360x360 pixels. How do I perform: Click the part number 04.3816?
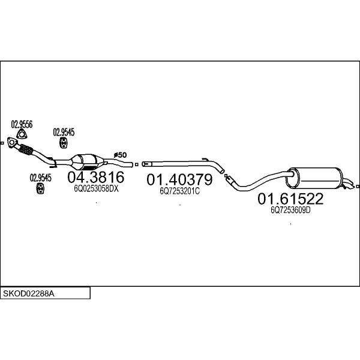click(96, 177)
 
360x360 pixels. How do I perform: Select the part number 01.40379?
click(179, 179)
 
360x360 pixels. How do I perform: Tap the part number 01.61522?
click(290, 199)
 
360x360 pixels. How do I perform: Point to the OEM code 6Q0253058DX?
click(96, 189)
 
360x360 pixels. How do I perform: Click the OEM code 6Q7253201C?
click(180, 191)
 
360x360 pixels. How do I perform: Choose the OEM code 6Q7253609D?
click(290, 210)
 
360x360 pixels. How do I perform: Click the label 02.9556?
click(22, 124)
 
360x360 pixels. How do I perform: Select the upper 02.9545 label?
click(64, 132)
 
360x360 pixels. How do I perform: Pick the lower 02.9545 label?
click(41, 178)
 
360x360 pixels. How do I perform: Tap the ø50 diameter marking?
click(121, 155)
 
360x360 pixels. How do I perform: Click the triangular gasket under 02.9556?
click(22, 134)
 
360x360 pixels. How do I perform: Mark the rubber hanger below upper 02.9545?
click(64, 143)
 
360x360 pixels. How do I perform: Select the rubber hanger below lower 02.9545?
click(40, 188)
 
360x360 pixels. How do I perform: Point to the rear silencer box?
click(314, 178)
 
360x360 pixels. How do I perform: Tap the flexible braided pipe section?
click(25, 149)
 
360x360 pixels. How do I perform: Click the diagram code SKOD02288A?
click(29, 293)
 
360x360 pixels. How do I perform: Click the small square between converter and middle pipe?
click(137, 164)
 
